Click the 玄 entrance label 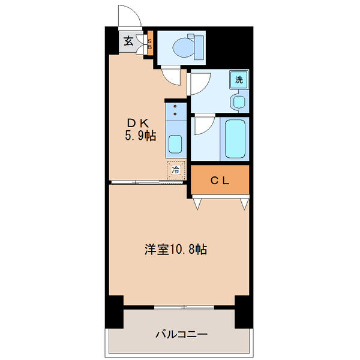click(129, 41)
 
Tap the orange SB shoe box click(150, 43)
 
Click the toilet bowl click(187, 47)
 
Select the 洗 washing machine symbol click(239, 79)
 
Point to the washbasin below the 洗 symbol click(239, 101)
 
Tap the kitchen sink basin click(175, 144)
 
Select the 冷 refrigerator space click(176, 170)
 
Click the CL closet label click(219, 179)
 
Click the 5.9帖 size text click(140, 136)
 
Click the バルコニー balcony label click(182, 334)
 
